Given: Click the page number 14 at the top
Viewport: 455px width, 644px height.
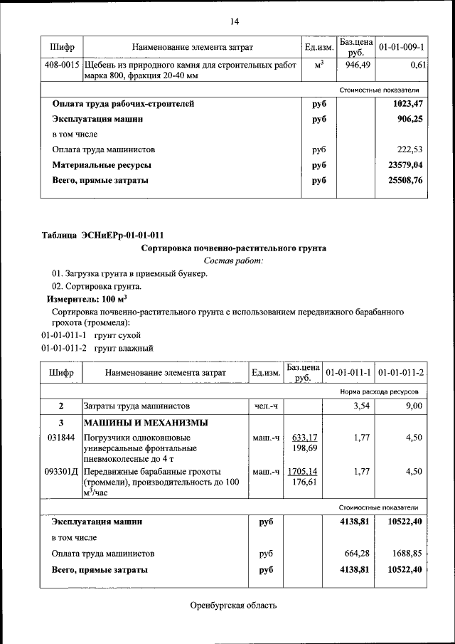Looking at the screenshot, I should (234, 21).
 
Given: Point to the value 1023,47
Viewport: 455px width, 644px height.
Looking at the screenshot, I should (407, 104).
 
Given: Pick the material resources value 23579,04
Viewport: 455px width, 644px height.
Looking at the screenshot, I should (405, 165).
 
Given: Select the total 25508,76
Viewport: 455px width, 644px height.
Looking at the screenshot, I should (405, 181).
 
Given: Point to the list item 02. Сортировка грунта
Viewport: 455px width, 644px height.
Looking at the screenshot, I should (97, 287).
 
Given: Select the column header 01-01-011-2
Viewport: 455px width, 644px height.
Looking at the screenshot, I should (402, 372).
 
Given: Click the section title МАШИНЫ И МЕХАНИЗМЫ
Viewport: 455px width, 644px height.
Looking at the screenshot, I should (137, 423).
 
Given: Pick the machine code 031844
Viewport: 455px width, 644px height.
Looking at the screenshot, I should (61, 438).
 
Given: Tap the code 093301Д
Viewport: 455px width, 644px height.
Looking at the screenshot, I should (63, 471).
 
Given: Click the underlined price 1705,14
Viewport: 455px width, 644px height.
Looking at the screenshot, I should (303, 471).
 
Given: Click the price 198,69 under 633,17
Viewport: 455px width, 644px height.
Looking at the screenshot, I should (304, 448).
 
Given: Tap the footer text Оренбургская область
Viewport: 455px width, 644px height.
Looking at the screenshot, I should (234, 606).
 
